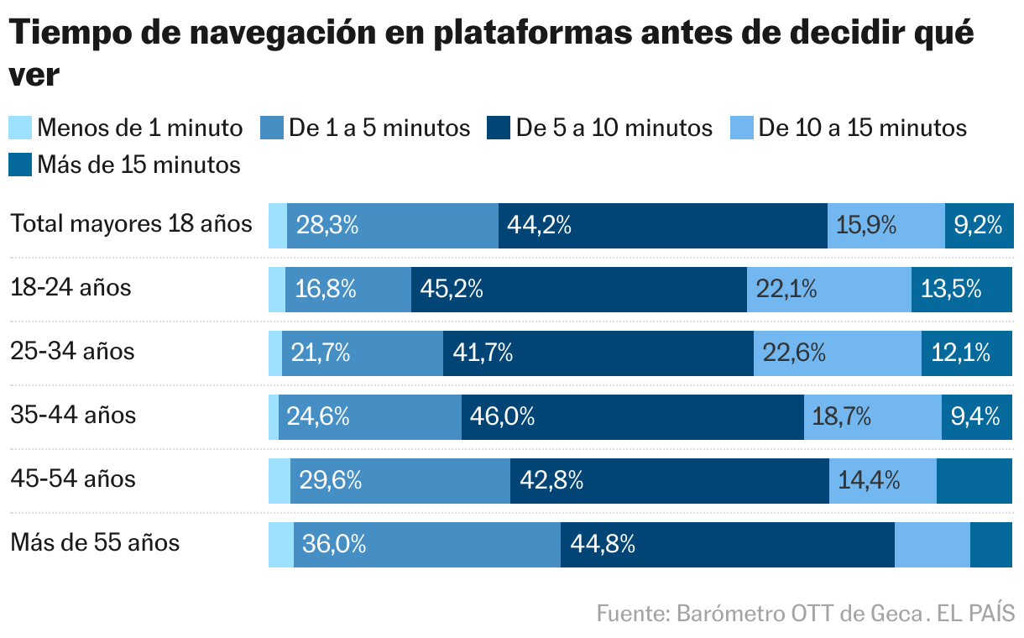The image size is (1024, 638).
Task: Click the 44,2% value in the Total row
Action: (x=539, y=225)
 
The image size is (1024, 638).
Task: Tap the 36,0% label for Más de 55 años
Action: (x=334, y=544)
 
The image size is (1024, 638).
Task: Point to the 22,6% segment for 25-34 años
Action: (x=794, y=353)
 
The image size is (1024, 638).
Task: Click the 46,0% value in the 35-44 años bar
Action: (x=502, y=416)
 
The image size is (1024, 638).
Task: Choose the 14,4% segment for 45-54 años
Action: (x=869, y=480)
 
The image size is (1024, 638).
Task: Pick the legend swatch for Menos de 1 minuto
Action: (x=20, y=128)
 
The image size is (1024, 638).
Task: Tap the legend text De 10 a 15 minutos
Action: (x=862, y=128)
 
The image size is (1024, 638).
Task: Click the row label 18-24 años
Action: (x=71, y=288)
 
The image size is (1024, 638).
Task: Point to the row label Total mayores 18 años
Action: (x=131, y=224)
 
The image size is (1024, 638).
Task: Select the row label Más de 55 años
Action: (x=95, y=542)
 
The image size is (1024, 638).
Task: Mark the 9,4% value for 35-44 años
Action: (x=975, y=416)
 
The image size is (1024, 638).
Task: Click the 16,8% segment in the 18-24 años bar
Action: (x=326, y=289)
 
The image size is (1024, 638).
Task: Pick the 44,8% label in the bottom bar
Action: (x=602, y=544)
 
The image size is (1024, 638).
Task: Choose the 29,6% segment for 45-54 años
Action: (x=332, y=480)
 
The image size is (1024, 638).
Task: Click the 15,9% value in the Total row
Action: (x=866, y=225)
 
